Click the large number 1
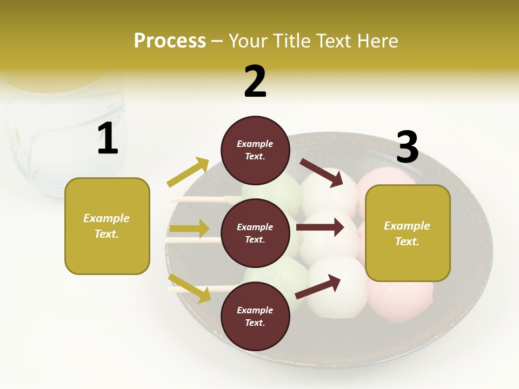click(108, 138)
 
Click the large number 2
click(255, 81)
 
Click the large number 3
click(407, 146)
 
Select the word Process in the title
click(170, 41)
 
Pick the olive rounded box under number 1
click(107, 226)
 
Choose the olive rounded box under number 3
click(408, 233)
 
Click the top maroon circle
click(255, 150)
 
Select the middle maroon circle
click(255, 233)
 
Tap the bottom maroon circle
click(255, 316)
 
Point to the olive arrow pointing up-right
click(188, 172)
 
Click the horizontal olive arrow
click(189, 229)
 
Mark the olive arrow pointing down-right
click(190, 287)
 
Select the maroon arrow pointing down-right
click(322, 172)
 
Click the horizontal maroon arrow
click(320, 227)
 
